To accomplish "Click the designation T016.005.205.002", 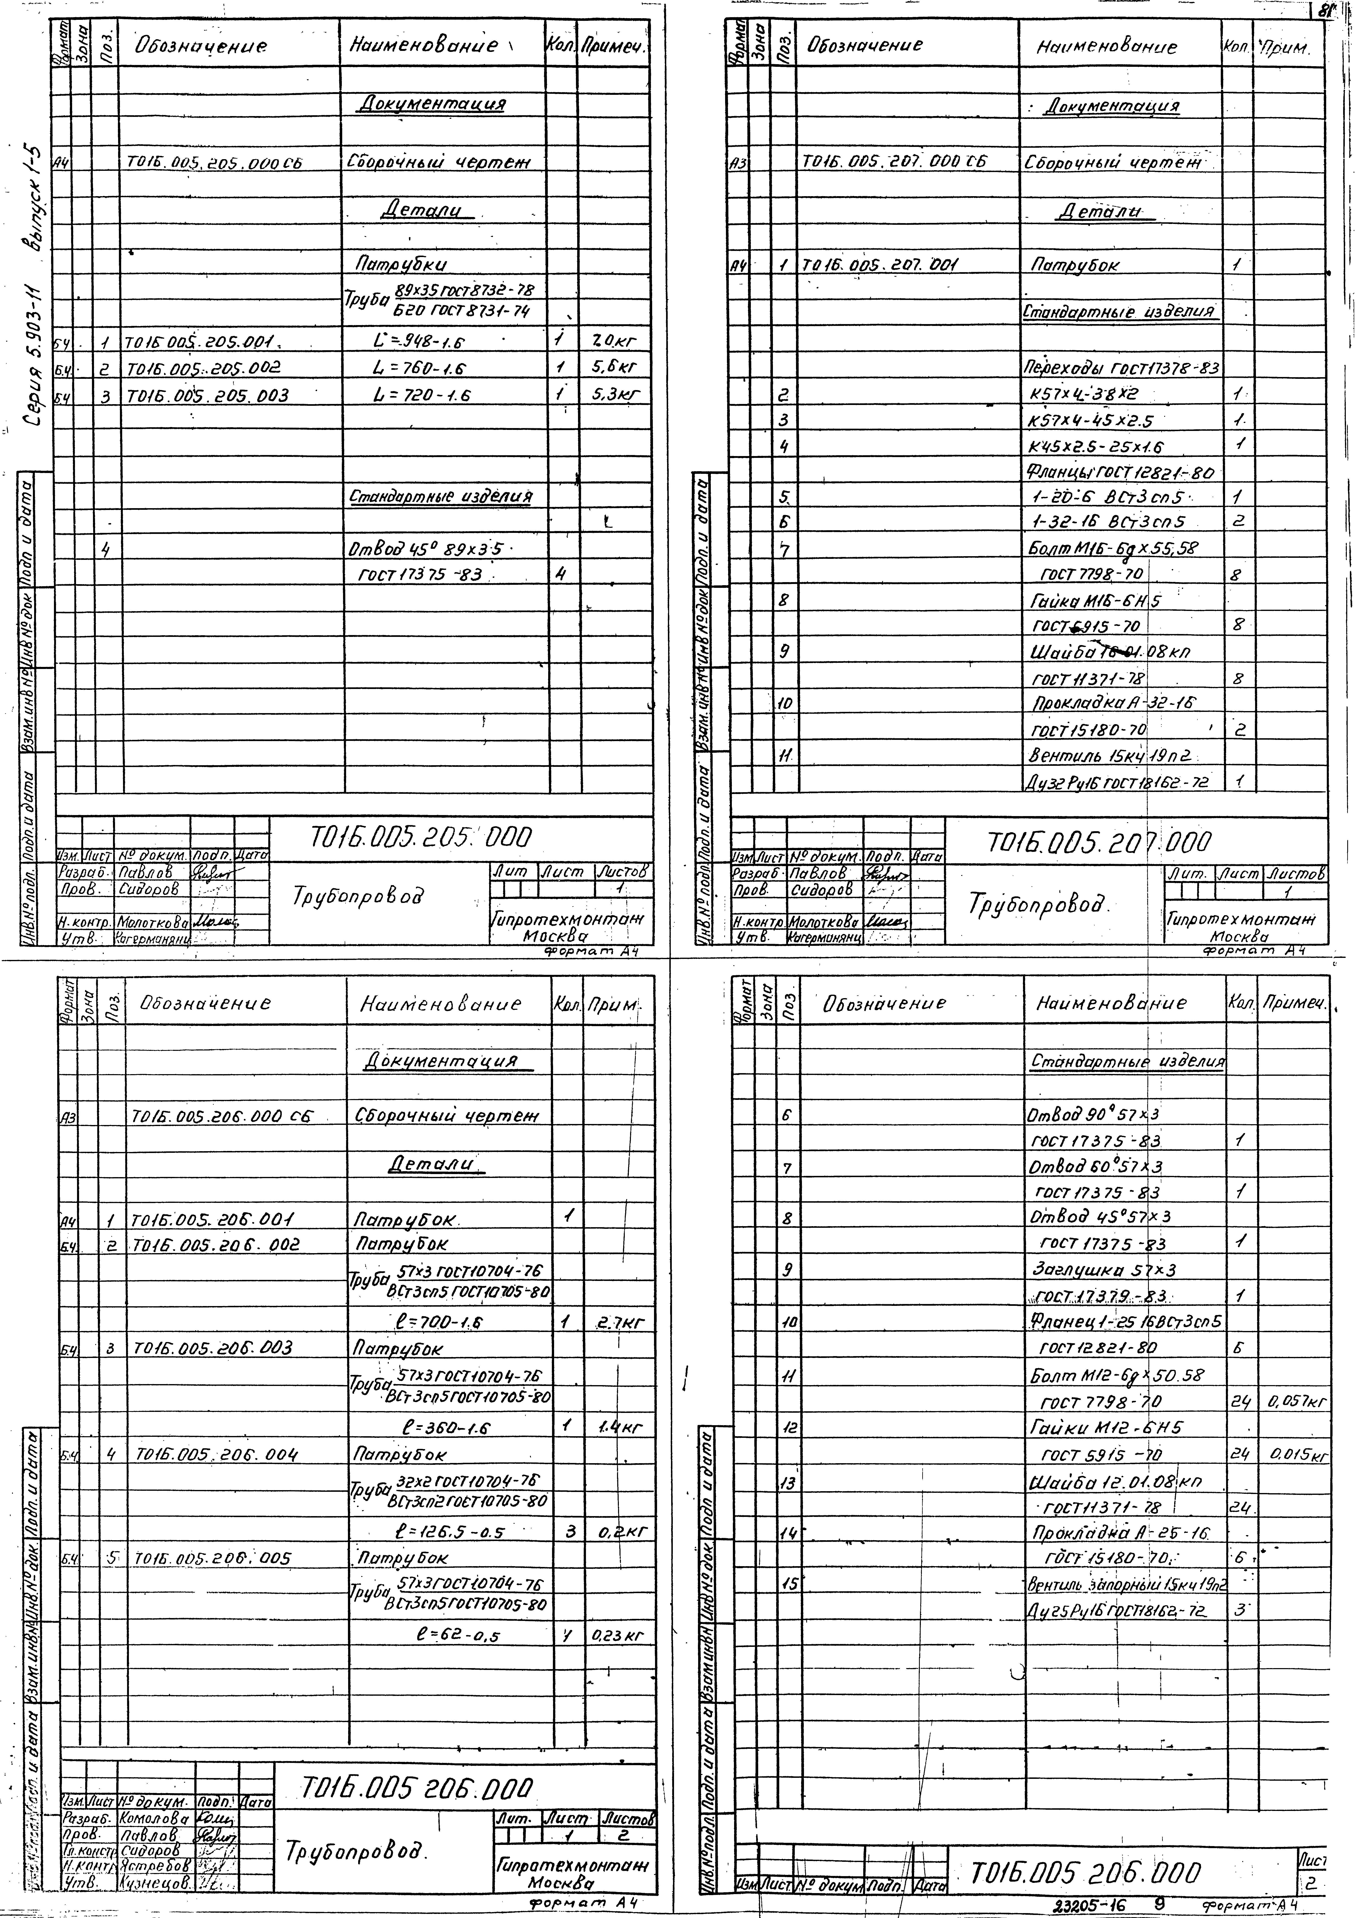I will [203, 368].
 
